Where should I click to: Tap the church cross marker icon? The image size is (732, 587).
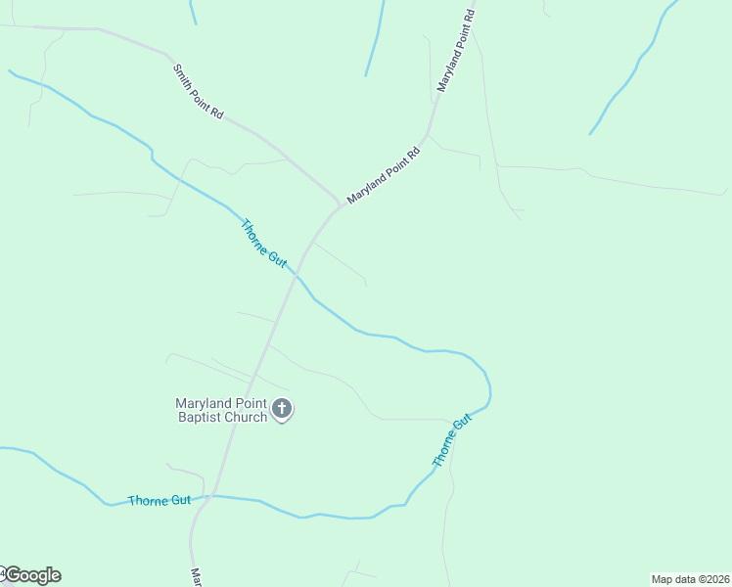(x=282, y=409)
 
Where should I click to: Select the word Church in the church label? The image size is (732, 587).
(x=246, y=418)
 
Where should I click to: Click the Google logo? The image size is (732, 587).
(x=32, y=575)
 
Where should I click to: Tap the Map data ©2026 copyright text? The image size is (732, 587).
(x=690, y=579)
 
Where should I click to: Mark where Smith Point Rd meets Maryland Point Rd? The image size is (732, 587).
(x=339, y=206)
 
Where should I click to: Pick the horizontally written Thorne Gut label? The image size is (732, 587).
(x=160, y=500)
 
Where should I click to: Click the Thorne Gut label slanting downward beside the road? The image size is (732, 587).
(x=263, y=245)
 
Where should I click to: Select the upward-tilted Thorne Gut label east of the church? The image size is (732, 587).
(x=452, y=440)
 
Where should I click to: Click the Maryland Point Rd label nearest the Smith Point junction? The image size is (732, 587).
(x=383, y=175)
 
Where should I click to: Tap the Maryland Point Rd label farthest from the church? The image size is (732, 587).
(x=457, y=51)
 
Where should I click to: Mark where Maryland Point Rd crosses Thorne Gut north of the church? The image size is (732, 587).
(x=295, y=277)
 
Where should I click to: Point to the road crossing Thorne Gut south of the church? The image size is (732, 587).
(x=214, y=496)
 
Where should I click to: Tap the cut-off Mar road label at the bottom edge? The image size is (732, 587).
(x=197, y=578)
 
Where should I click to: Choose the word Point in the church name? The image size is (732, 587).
(x=253, y=403)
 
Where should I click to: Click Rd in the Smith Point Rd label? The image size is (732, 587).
(x=217, y=113)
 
